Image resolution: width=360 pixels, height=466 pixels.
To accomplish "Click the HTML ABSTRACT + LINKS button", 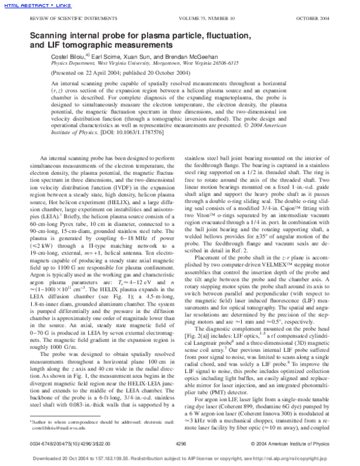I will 28,6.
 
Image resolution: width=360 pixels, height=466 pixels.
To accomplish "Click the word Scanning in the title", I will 49,36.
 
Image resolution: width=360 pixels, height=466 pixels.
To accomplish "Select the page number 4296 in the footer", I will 179,444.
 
